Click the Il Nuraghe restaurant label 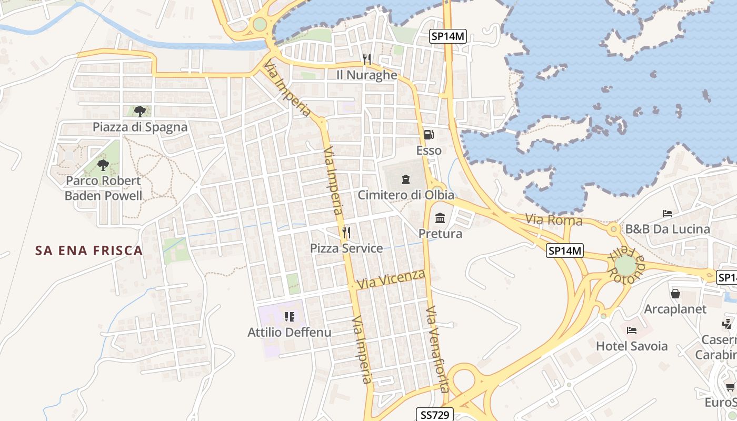[367, 75]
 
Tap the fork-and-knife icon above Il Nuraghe [367, 59]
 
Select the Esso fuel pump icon [429, 134]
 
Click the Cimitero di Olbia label [406, 195]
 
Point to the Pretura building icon [440, 217]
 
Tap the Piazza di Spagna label [140, 127]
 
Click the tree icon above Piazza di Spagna [140, 111]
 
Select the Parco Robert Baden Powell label [103, 188]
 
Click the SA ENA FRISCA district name [89, 250]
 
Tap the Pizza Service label [346, 248]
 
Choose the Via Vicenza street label [391, 279]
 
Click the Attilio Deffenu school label [290, 332]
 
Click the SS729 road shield [435, 415]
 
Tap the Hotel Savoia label [632, 346]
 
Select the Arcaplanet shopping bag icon [675, 293]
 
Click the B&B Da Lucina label [668, 229]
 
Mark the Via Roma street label [554, 219]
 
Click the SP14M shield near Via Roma [565, 251]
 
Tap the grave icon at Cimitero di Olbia [405, 179]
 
